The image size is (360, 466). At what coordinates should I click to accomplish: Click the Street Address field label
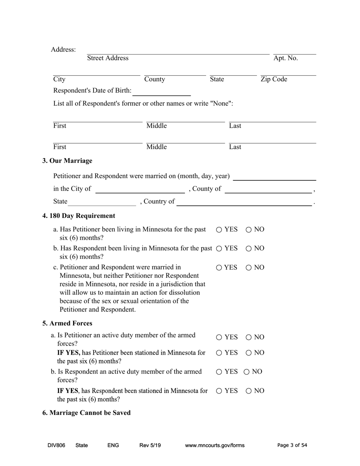(x=108, y=58)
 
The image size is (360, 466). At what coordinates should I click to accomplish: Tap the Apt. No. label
(x=285, y=58)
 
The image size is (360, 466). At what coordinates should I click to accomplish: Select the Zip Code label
(x=274, y=79)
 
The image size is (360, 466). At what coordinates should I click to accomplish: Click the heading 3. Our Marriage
(x=67, y=161)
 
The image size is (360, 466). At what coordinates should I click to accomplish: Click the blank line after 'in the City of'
(x=140, y=189)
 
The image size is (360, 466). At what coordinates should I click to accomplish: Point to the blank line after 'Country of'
(x=244, y=202)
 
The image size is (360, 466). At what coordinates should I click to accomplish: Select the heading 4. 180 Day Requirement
(x=79, y=216)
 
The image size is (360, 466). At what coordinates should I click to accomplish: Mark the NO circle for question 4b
(x=249, y=249)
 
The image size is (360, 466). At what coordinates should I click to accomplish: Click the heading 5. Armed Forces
(x=67, y=323)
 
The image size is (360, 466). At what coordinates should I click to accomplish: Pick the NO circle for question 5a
(x=249, y=337)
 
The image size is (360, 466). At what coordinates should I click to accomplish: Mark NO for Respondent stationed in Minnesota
(x=249, y=391)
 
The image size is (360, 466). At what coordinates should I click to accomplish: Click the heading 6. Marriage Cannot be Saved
(x=86, y=413)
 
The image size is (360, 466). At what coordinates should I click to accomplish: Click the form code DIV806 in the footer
(x=56, y=445)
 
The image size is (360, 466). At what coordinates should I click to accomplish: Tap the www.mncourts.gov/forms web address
(x=214, y=445)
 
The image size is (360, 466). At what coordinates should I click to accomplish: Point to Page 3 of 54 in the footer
(x=292, y=445)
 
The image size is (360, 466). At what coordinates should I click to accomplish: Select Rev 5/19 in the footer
(x=150, y=445)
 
